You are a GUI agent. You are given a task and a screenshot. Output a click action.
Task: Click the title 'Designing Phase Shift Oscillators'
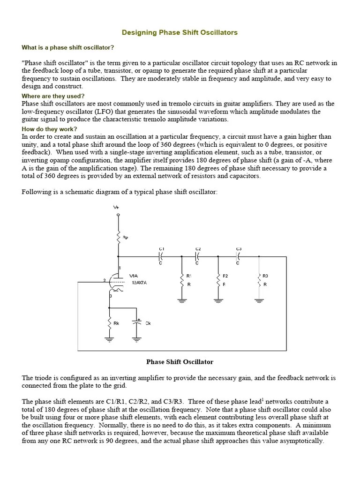180,32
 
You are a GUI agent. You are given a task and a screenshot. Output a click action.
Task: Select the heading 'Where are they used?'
53,96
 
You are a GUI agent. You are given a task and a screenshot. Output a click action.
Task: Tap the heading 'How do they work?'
49,129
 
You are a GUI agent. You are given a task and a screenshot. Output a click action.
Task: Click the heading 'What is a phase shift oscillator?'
68,47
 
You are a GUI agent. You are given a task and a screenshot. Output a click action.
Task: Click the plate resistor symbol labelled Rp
118,238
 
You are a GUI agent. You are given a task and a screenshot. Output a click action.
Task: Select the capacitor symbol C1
161,256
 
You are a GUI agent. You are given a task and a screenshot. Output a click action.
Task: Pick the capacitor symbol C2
197,256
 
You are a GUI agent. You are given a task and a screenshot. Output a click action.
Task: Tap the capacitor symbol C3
238,256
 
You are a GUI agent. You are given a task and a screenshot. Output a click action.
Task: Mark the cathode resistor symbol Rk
109,323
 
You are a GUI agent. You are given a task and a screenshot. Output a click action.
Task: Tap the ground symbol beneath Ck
137,339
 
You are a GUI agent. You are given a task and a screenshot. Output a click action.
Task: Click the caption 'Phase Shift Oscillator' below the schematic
180,362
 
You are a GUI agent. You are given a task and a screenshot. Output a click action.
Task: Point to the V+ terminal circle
118,215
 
